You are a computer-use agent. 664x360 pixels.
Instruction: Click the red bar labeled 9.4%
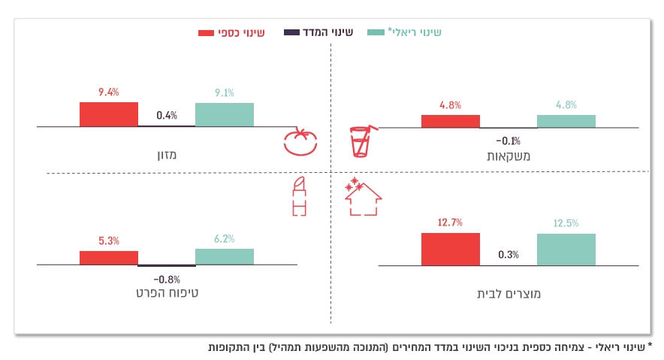click(x=109, y=114)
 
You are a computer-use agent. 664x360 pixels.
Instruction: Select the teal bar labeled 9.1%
click(x=225, y=114)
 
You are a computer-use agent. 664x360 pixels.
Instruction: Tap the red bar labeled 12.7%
click(x=451, y=249)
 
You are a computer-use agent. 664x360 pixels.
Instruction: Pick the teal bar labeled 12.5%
click(x=566, y=249)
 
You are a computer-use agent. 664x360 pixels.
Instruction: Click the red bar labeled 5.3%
click(x=109, y=257)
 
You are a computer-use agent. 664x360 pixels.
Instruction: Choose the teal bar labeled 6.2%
click(x=225, y=256)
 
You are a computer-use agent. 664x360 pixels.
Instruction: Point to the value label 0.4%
click(x=167, y=116)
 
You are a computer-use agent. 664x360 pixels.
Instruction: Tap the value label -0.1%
click(x=509, y=141)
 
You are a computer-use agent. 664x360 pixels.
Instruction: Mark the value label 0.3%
click(x=509, y=255)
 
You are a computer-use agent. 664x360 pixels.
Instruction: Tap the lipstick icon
click(x=299, y=197)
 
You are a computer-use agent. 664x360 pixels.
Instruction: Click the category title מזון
click(x=167, y=156)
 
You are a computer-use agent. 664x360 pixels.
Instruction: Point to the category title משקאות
click(x=509, y=156)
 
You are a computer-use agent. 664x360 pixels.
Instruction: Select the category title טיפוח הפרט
click(x=167, y=292)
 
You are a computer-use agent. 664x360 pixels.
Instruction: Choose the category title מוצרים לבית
click(x=509, y=294)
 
